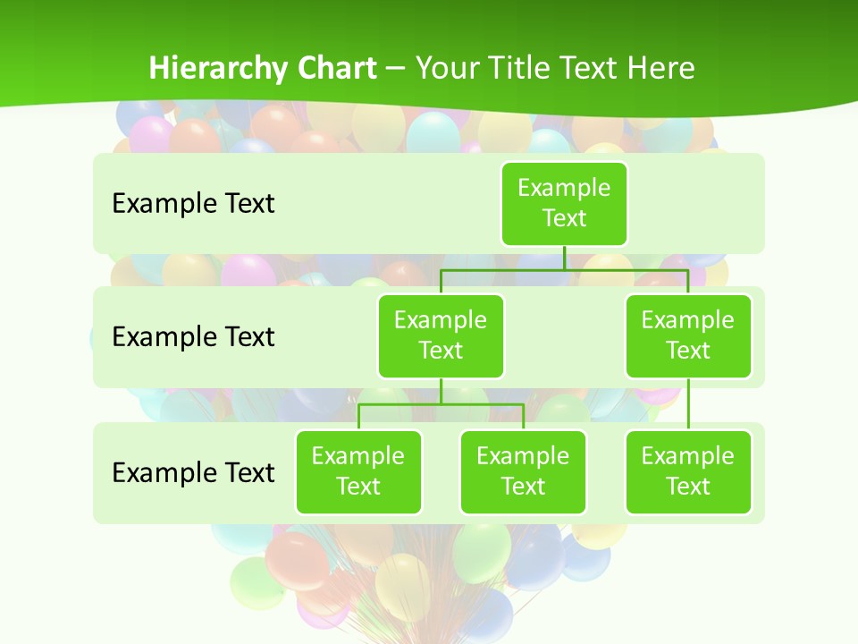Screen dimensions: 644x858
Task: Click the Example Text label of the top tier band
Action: point(193,204)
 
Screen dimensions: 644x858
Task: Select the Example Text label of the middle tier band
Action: point(193,337)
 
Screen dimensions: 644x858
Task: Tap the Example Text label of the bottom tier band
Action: point(193,472)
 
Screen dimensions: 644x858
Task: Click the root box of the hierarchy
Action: point(564,204)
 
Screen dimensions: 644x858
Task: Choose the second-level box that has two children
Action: point(441,336)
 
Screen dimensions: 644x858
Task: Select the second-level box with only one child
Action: point(688,336)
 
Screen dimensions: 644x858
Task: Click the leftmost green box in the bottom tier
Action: point(358,472)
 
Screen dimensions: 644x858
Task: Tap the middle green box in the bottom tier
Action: point(523,472)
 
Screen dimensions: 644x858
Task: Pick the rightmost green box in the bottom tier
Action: point(688,472)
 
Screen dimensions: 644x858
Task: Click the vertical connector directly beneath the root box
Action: point(564,258)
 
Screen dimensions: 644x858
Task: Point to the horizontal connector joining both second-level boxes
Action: point(626,269)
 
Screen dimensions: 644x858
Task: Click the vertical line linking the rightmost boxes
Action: point(688,404)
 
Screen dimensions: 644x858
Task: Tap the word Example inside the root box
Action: point(564,188)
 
